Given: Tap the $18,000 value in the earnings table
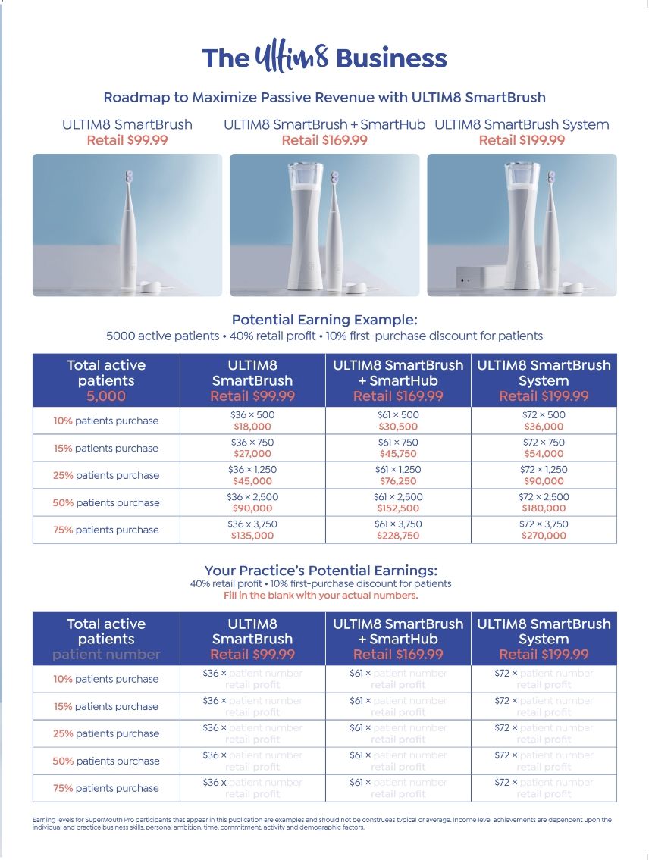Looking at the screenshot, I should click(x=252, y=427).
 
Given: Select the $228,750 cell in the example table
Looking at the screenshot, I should click(x=398, y=536).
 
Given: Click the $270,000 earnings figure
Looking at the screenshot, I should click(x=544, y=536).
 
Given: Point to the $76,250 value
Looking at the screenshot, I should click(x=398, y=482).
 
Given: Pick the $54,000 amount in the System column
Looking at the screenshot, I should click(x=544, y=455).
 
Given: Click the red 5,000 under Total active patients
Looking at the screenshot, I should click(x=106, y=396).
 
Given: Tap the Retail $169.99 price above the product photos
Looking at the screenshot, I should click(x=324, y=140).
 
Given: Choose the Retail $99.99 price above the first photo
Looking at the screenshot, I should click(x=127, y=140).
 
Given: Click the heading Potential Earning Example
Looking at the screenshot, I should click(x=324, y=320).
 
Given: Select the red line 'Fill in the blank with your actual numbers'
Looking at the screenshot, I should click(x=321, y=596).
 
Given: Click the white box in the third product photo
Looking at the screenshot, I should click(x=476, y=278).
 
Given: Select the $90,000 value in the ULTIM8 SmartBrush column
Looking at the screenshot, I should click(x=252, y=509).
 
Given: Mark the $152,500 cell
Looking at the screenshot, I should click(x=398, y=509).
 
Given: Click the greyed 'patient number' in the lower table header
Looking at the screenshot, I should click(x=106, y=655).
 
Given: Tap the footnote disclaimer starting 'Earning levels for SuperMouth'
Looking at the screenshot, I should click(x=322, y=824).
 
